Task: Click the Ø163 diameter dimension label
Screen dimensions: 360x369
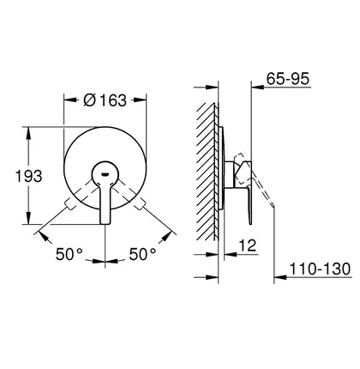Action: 105,100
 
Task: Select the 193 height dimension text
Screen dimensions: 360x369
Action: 28,176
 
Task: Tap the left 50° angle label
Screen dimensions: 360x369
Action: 69,254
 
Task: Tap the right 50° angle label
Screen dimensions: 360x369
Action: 143,254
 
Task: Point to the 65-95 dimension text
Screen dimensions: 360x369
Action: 288,78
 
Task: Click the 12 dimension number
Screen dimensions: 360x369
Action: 248,245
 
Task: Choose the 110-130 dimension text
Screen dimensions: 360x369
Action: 320,269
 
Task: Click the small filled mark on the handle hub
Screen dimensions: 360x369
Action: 105,173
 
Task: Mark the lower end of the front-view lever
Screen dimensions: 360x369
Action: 105,223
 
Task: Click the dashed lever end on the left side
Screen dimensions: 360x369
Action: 69,204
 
